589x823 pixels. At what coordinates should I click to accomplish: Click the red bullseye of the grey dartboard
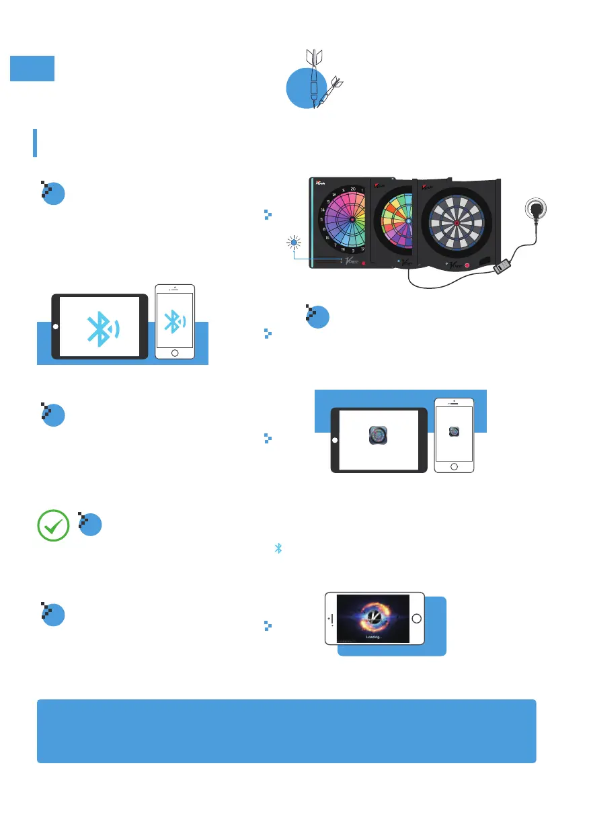[x=457, y=222]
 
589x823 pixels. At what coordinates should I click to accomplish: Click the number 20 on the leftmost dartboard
[x=354, y=190]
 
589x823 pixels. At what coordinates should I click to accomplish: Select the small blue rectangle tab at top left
[x=32, y=69]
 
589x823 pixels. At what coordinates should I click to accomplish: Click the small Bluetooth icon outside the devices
[x=277, y=549]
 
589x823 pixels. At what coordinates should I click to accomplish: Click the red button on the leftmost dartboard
[x=364, y=263]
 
